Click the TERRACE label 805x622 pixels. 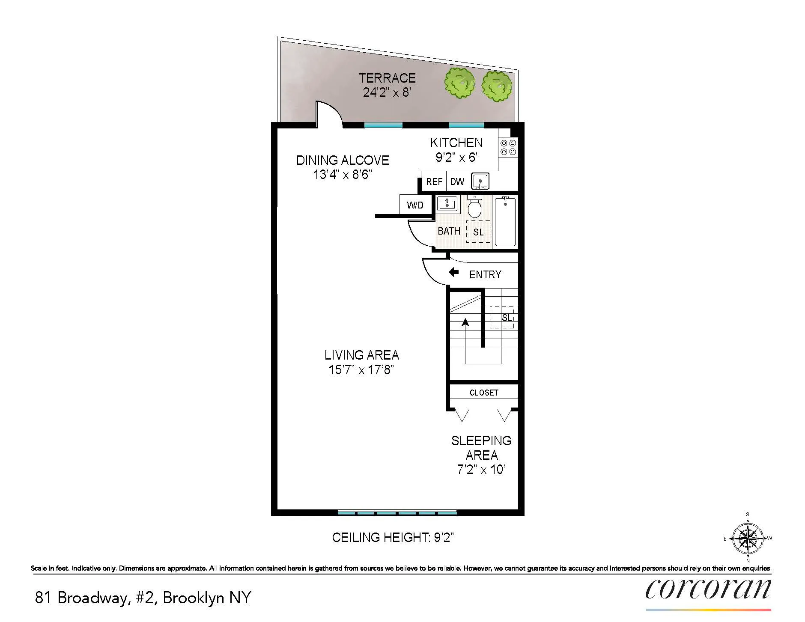387,78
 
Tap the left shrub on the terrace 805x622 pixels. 459,83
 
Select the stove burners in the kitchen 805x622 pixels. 508,147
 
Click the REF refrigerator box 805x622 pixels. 434,182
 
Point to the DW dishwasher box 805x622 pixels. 457,182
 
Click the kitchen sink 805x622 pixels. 480,182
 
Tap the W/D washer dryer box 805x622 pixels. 415,205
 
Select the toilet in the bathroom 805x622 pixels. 474,207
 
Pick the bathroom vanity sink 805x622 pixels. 447,204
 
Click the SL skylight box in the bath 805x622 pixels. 478,232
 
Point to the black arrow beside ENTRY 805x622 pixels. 453,272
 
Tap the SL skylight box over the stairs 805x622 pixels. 502,317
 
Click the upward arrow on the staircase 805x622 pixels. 465,322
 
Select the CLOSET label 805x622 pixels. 484,393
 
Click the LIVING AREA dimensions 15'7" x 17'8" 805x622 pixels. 361,370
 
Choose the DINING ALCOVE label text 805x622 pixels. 343,161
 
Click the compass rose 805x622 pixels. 748,538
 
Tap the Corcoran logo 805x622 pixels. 708,590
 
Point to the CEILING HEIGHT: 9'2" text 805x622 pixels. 393,538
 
